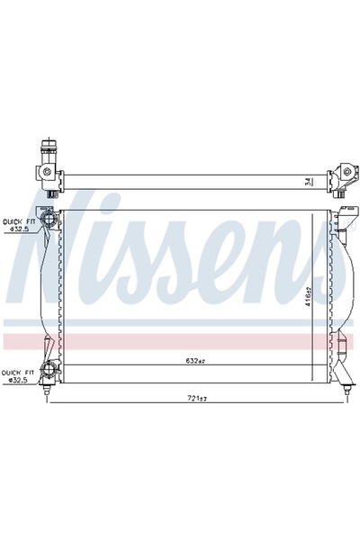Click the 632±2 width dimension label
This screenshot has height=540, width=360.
pyautogui.click(x=195, y=361)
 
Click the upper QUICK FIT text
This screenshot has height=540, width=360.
pyautogui.click(x=17, y=220)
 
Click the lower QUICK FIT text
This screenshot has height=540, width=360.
pyautogui.click(x=17, y=371)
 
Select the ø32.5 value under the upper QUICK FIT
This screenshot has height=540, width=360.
pyautogui.click(x=18, y=229)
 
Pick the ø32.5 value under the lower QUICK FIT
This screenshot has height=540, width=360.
pyautogui.click(x=18, y=379)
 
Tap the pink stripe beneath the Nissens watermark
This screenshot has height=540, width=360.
pyautogui.click(x=180, y=340)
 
